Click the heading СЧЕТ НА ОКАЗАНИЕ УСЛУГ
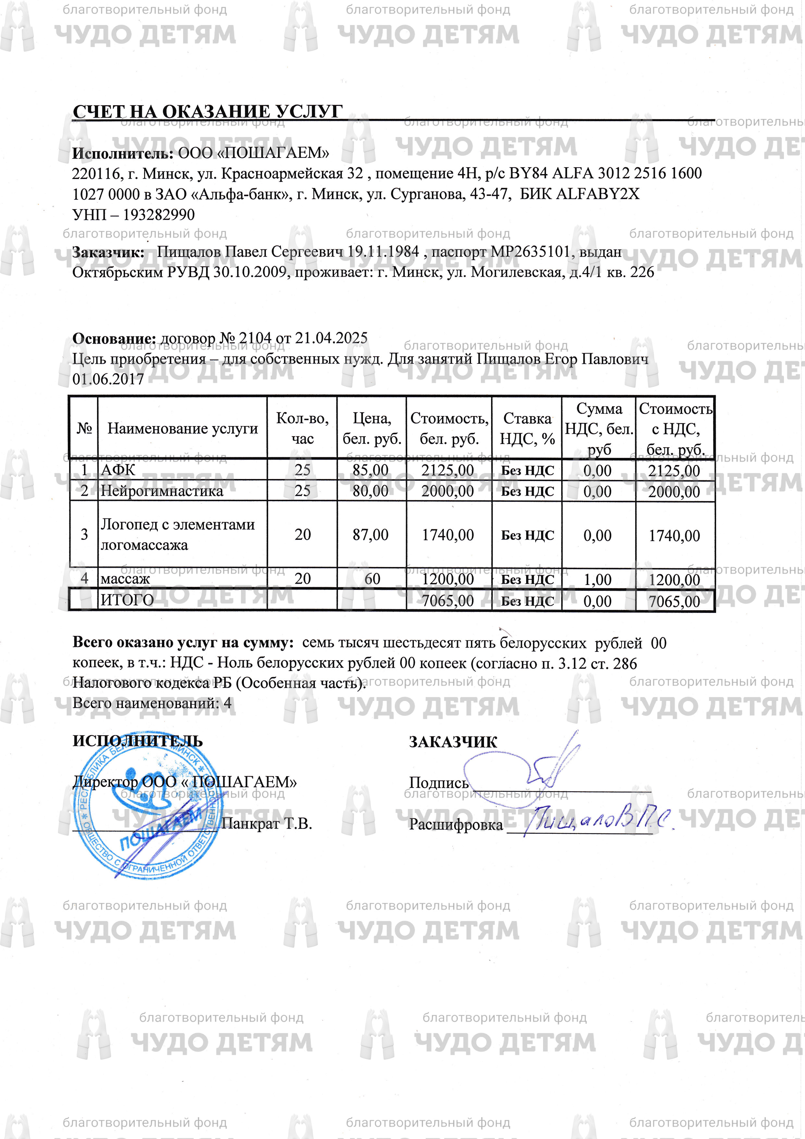pos(207,112)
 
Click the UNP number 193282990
pos(159,215)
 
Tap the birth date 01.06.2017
pos(108,379)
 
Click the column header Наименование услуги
pos(182,429)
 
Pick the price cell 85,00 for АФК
pos(371,470)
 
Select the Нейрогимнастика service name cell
pos(162,491)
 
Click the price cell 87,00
pos(371,535)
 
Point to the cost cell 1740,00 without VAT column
pos(448,535)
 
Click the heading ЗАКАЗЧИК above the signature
pos(452,742)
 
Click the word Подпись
pos(438,783)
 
